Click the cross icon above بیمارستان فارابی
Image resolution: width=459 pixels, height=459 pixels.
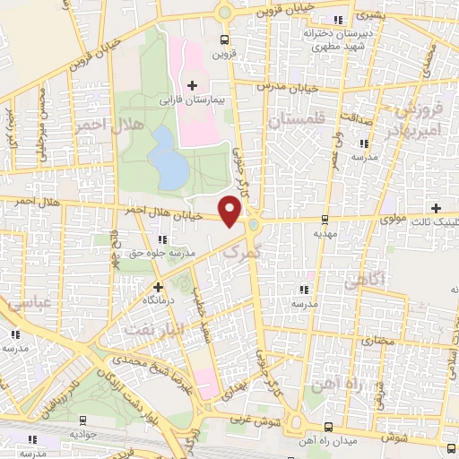click(x=192, y=85)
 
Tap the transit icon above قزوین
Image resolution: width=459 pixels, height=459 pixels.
click(x=224, y=39)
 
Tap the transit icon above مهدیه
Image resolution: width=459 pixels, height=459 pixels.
click(x=324, y=218)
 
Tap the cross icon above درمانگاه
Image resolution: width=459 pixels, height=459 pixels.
click(x=158, y=286)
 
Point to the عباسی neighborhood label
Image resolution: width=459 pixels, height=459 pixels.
click(x=30, y=305)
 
